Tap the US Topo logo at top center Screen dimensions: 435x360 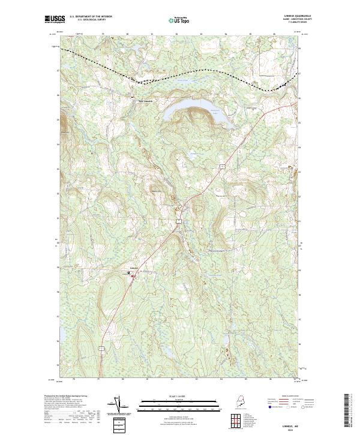(179, 20)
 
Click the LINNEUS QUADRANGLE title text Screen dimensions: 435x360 (286, 17)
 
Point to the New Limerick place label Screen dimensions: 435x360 (146, 101)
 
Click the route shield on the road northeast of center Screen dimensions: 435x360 (221, 163)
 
